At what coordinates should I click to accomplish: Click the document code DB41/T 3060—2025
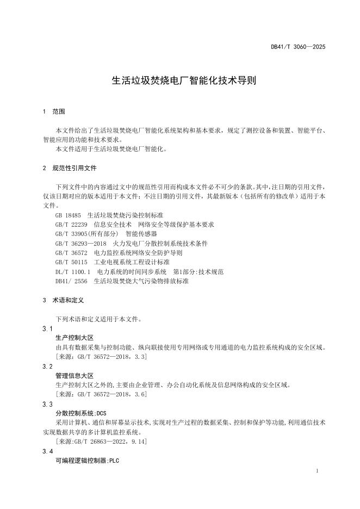pos(298,47)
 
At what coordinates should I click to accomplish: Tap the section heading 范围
pos(58,111)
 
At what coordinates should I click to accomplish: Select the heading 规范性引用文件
pos(75,168)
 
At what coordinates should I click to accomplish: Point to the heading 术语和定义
pos(67,300)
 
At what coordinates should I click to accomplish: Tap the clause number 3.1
pos(47,329)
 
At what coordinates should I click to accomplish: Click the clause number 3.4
pos(47,452)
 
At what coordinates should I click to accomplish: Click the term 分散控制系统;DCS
pos(81,413)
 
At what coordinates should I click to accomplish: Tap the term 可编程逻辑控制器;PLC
pos(87,461)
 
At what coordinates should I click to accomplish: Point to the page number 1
pos(317,470)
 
